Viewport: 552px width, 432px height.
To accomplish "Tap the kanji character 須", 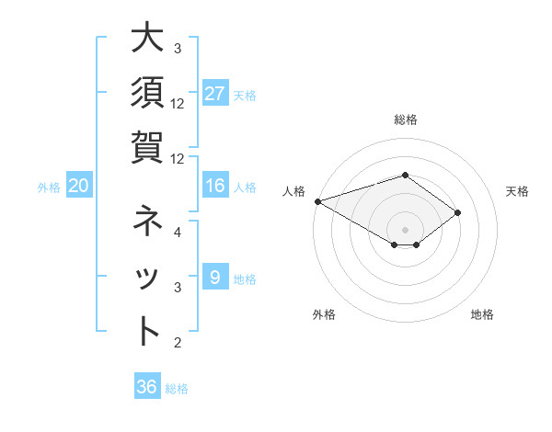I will click(147, 94).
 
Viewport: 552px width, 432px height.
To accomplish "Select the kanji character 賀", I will click(147, 147).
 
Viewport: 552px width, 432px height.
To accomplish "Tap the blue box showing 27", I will click(215, 94).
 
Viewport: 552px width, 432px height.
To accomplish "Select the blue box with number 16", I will click(215, 187).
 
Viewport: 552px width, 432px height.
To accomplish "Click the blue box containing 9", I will click(215, 278).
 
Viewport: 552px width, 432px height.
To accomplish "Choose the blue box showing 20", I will click(79, 187).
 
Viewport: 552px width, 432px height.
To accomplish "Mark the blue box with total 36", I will click(146, 387).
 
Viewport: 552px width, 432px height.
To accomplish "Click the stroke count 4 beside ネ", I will click(178, 232).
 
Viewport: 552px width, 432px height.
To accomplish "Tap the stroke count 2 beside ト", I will click(178, 343).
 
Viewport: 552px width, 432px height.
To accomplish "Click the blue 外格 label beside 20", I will click(49, 188).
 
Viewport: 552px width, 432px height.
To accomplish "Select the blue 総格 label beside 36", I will click(177, 389).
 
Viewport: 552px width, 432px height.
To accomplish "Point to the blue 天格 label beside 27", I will click(245, 95).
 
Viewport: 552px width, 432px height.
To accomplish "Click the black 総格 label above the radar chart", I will click(405, 119).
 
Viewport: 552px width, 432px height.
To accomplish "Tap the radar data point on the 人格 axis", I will click(317, 201).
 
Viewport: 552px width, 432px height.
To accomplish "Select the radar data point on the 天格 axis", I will click(457, 213).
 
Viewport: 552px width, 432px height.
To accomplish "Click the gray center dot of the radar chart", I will click(405, 229).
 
